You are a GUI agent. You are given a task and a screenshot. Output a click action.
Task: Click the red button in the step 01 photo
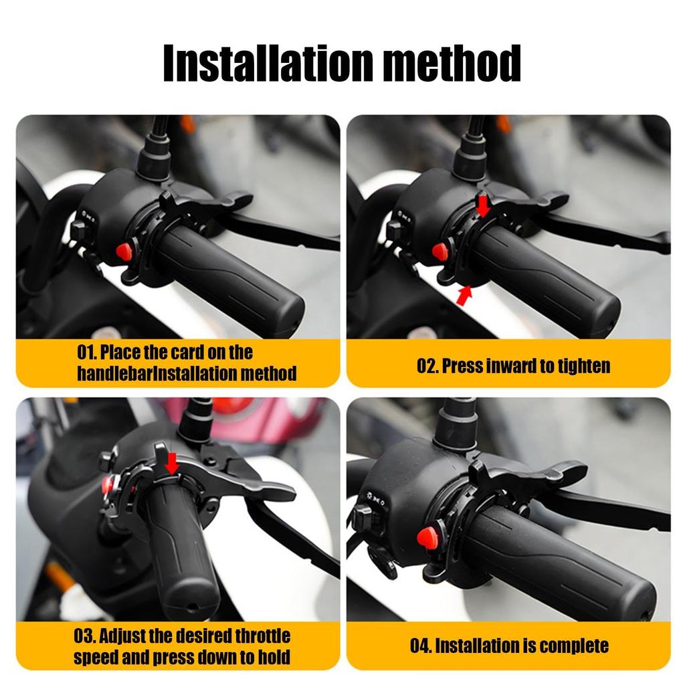coord(124,252)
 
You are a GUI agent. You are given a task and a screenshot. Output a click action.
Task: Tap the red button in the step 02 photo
coord(439,252)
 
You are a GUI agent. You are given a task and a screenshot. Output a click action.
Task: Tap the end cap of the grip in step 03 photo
coord(190,603)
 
